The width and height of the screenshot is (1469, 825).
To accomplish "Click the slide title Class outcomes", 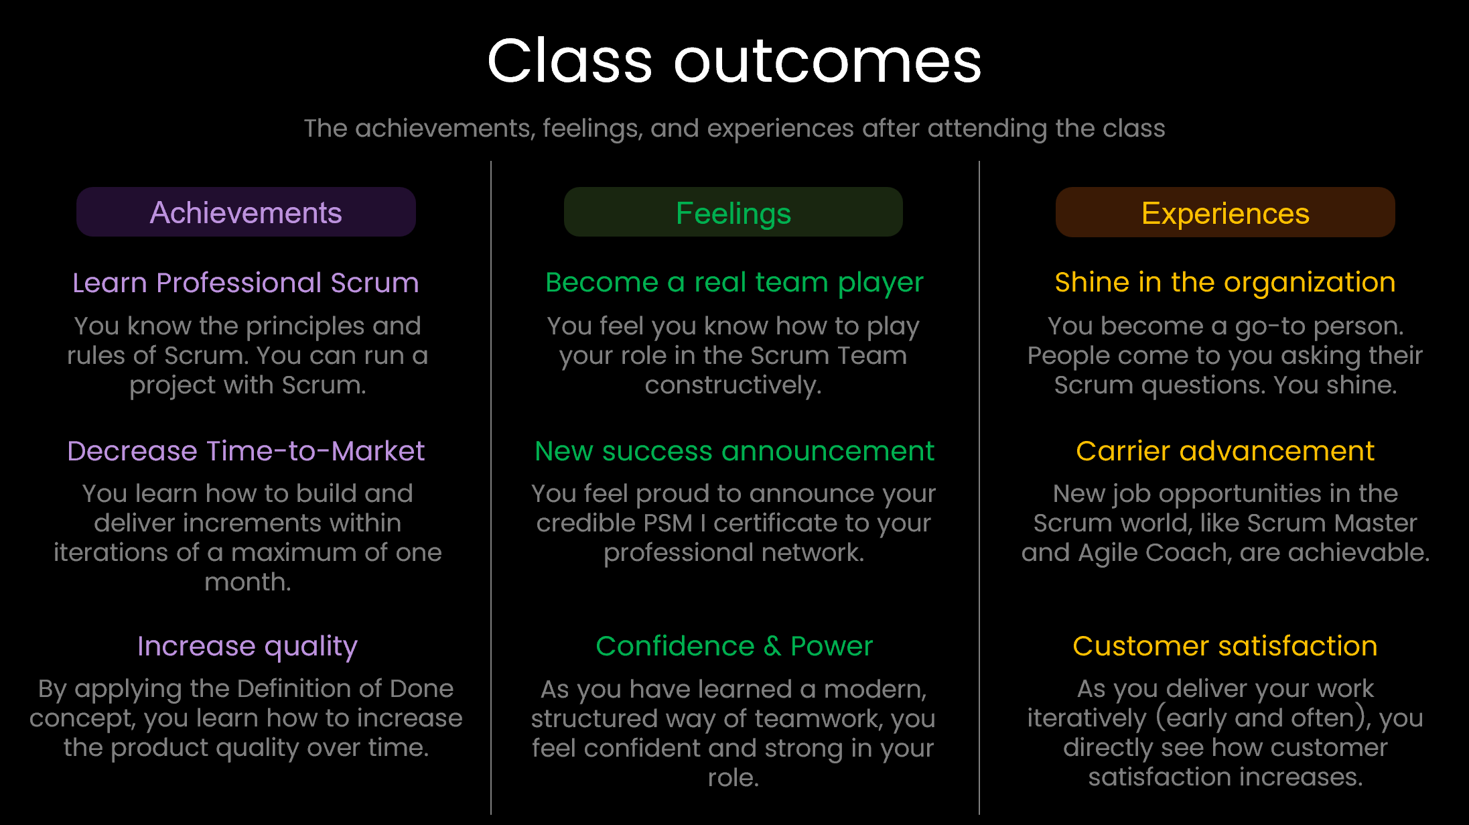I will point(734,62).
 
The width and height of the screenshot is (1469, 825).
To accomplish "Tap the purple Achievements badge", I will point(246,212).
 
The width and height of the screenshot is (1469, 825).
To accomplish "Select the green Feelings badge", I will point(733,213).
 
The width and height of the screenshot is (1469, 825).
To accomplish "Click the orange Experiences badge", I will point(1225,213).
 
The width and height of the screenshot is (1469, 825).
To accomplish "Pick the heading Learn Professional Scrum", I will point(246,283).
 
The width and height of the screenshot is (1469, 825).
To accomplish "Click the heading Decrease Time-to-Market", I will point(246,451).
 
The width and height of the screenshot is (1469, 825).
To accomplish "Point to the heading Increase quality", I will point(247,646).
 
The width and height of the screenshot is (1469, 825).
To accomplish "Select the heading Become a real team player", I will point(734,283).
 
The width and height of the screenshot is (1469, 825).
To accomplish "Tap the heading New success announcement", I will point(734,451).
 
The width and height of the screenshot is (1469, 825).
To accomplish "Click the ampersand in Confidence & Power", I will point(772,646).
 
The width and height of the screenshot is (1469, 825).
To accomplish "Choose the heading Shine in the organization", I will point(1225,282).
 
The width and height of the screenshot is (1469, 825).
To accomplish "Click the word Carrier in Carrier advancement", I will point(1123,451).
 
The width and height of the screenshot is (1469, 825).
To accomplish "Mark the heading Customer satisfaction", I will point(1225,646).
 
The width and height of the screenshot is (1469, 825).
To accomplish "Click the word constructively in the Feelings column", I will point(732,385).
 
